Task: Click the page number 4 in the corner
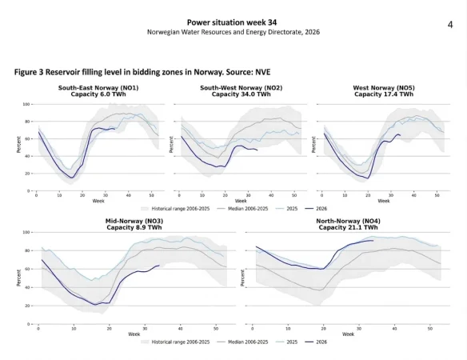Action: pyautogui.click(x=450, y=25)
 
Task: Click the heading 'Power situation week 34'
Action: pyautogui.click(x=232, y=22)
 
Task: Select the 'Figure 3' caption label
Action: pyautogui.click(x=29, y=72)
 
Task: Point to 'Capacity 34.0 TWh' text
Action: pyautogui.click(x=241, y=94)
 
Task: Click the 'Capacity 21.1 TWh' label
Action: pyautogui.click(x=348, y=228)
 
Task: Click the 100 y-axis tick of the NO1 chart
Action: pyautogui.click(x=26, y=104)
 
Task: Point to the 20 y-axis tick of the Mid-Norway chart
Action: pyautogui.click(x=28, y=306)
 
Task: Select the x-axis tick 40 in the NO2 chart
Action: pyautogui.click(x=271, y=195)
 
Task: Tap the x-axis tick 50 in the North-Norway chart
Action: pyautogui.click(x=430, y=329)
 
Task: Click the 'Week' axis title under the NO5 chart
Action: pyautogui.click(x=384, y=201)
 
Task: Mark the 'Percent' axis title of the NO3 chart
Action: pyautogui.click(x=18, y=278)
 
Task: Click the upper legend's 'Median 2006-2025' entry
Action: pyautogui.click(x=242, y=209)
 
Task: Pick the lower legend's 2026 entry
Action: pyautogui.click(x=316, y=342)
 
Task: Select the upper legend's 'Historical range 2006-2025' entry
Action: pyautogui.click(x=175, y=209)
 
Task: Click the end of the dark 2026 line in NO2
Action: pyautogui.click(x=257, y=150)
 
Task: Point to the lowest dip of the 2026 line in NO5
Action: pyautogui.click(x=368, y=178)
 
